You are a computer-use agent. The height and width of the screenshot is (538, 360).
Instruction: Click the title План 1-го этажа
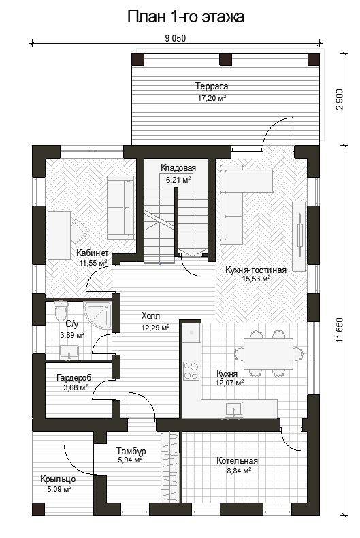[186, 17]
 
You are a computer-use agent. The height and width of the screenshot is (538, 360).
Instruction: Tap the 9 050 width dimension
[175, 38]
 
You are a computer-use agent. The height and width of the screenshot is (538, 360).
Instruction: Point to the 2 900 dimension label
[339, 99]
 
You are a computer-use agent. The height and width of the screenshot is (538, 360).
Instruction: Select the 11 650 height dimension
[339, 330]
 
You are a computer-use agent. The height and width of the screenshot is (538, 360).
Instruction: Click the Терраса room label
[212, 86]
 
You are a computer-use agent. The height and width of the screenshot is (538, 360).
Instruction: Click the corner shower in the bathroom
[98, 316]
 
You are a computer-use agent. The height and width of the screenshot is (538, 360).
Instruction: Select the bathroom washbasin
[69, 353]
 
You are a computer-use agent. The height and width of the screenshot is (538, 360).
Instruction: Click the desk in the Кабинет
[59, 236]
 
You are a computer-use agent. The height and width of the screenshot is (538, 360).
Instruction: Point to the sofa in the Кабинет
[120, 208]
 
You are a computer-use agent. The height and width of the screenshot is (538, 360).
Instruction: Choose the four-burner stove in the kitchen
[191, 371]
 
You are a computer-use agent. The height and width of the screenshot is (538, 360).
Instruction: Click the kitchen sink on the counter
[233, 411]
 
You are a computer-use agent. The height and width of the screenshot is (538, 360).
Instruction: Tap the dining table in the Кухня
[268, 353]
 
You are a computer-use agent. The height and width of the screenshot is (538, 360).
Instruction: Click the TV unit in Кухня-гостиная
[299, 236]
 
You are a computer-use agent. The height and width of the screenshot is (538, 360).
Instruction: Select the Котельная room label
[237, 460]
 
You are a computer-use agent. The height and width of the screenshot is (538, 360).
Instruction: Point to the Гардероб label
[74, 378]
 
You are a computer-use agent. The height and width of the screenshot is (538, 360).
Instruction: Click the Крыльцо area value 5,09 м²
[59, 488]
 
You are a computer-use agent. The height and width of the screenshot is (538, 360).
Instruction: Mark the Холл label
[151, 316]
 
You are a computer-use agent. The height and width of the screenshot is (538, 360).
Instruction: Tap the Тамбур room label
[131, 451]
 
